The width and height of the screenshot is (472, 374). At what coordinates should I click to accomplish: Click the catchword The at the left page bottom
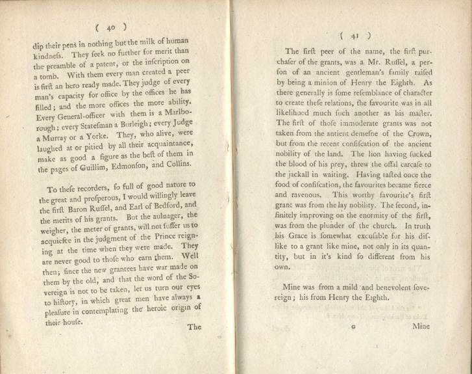click(x=195, y=327)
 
